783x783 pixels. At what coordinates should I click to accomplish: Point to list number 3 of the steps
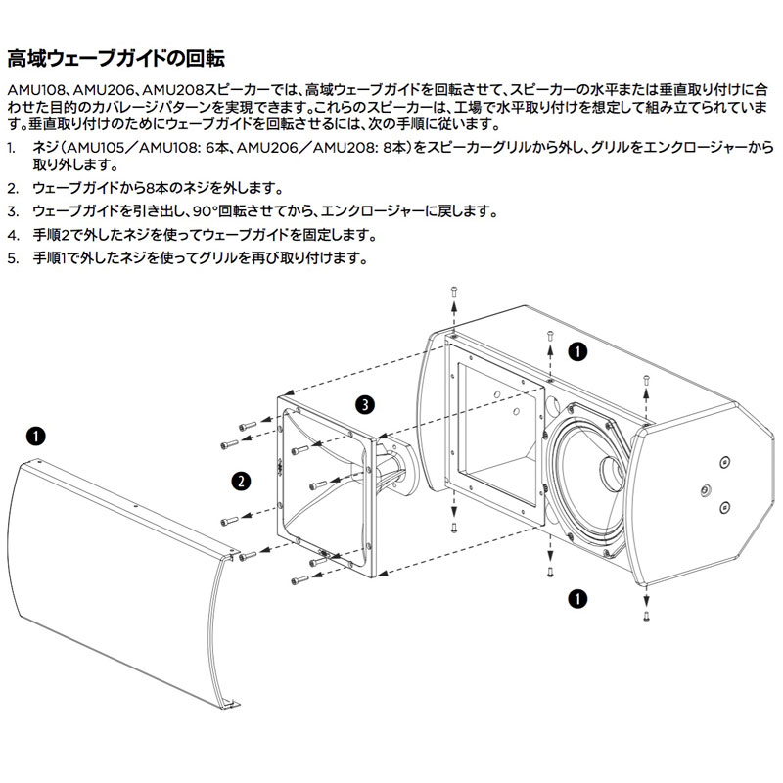(11, 211)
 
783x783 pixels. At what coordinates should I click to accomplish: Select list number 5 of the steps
(11, 259)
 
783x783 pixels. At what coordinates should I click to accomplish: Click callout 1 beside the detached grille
(34, 434)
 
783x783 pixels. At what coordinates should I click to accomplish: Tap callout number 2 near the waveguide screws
(238, 480)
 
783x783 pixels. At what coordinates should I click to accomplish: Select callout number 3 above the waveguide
(363, 403)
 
